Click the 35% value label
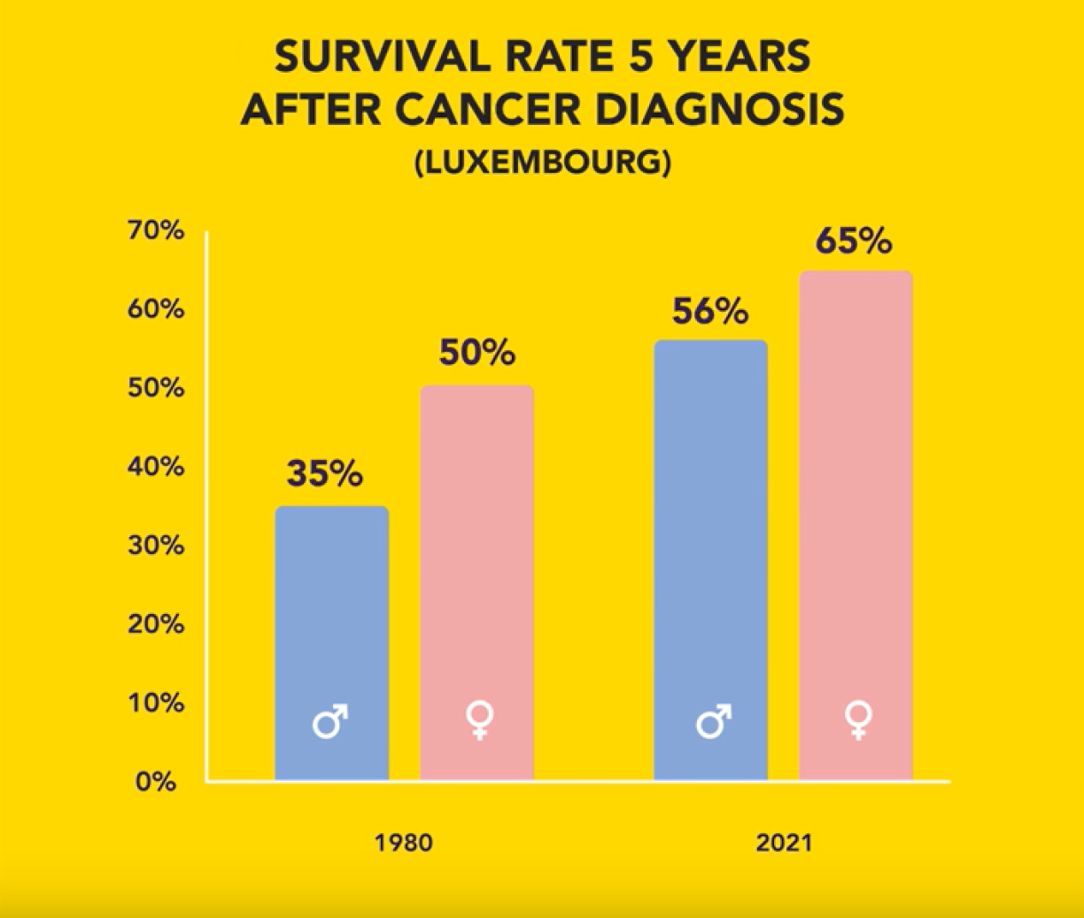(x=324, y=474)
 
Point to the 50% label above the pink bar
(x=476, y=354)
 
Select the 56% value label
(x=710, y=311)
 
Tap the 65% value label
(x=854, y=242)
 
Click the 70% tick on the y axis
(x=159, y=233)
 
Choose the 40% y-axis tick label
(x=159, y=468)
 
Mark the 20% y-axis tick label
(x=159, y=625)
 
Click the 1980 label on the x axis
(x=404, y=843)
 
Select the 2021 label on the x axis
(x=783, y=843)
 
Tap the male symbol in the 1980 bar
(x=330, y=722)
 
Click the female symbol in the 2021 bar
(x=856, y=720)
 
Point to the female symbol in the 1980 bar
(x=477, y=720)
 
